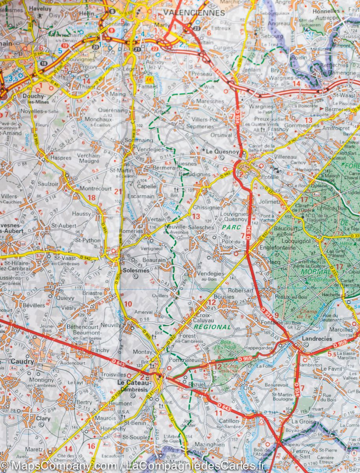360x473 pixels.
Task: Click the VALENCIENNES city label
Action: point(194,13)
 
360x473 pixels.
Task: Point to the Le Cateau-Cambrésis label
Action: point(134,385)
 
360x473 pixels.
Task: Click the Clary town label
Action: point(43,419)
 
